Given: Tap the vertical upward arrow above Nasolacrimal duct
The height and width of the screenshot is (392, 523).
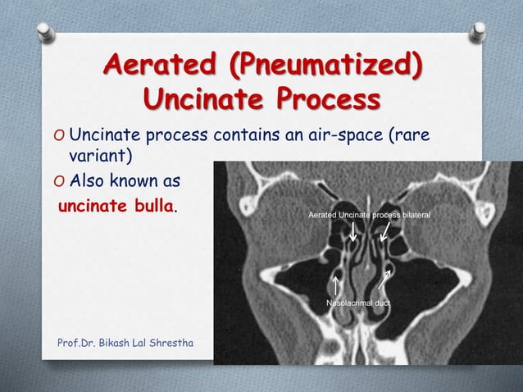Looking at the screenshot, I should tap(336, 285).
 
